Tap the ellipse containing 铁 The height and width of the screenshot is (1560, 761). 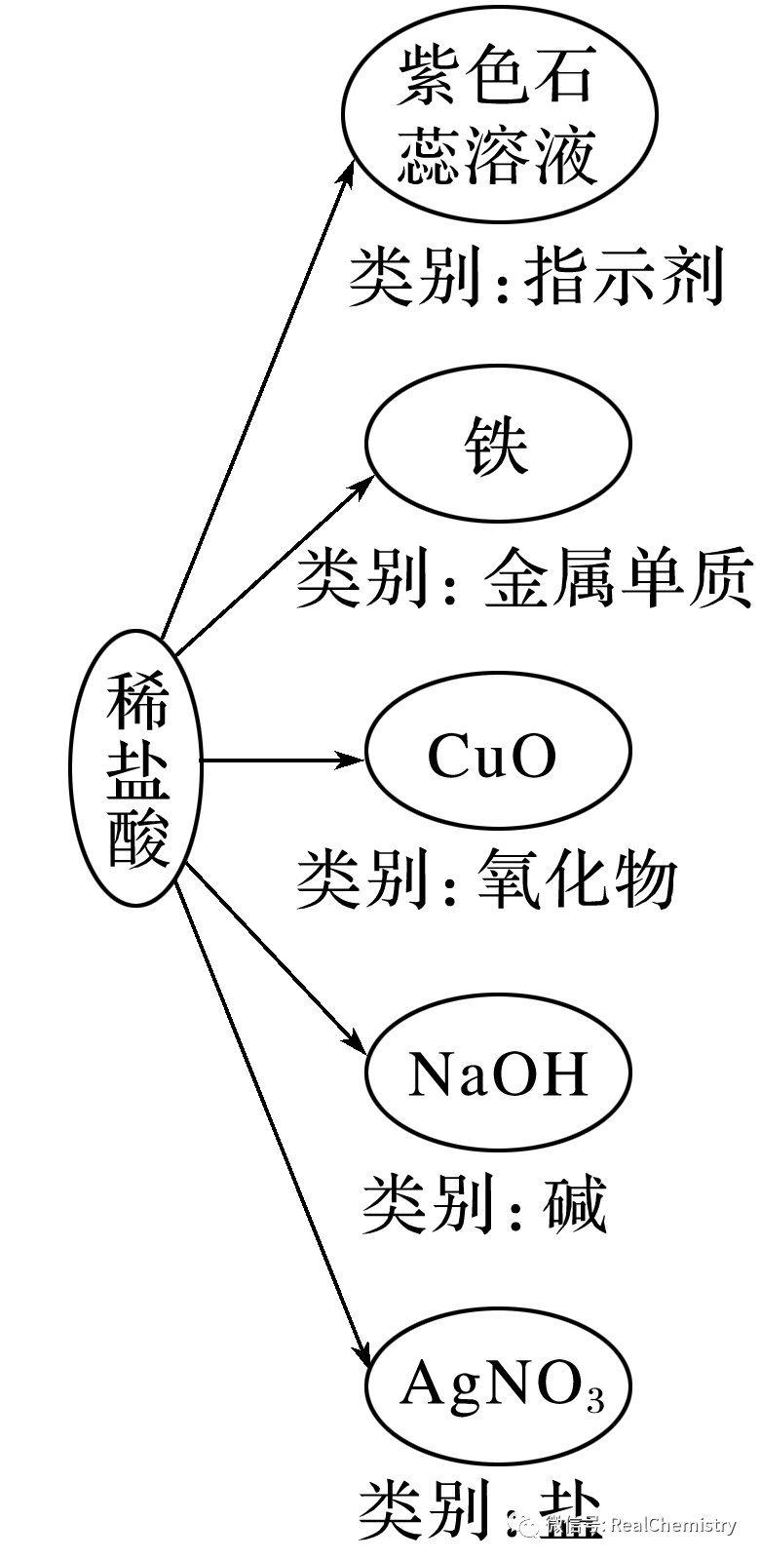point(498,445)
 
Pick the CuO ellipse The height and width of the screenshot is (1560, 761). point(498,756)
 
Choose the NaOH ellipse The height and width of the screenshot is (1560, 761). point(498,1072)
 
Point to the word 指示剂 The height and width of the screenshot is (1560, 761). point(625,276)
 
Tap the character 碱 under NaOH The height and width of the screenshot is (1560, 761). point(575,1203)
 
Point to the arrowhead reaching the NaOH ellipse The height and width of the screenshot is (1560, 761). point(356,1044)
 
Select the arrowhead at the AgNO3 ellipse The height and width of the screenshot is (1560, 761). point(362,1355)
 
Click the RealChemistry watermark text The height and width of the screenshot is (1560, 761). point(672,1525)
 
